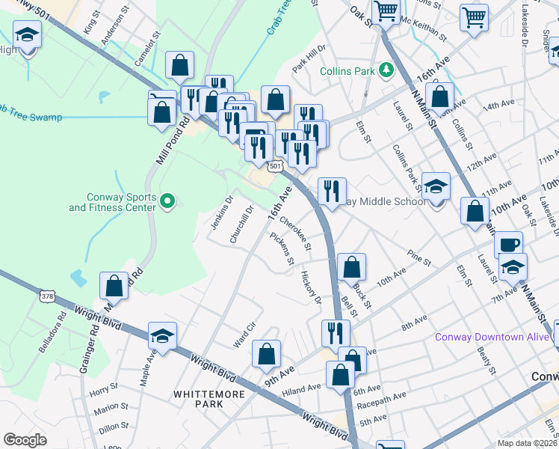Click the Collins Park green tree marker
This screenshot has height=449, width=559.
coord(386,70)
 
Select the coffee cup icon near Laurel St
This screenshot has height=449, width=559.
coord(508,245)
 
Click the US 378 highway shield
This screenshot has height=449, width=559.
coord(47,297)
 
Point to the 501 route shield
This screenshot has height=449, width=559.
coord(276,165)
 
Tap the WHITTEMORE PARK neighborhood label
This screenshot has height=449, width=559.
coord(198,398)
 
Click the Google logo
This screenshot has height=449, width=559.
coord(25,439)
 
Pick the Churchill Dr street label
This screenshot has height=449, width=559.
coord(243,224)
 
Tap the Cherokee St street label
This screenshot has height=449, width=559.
coord(302,233)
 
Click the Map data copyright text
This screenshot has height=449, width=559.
coord(528,442)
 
